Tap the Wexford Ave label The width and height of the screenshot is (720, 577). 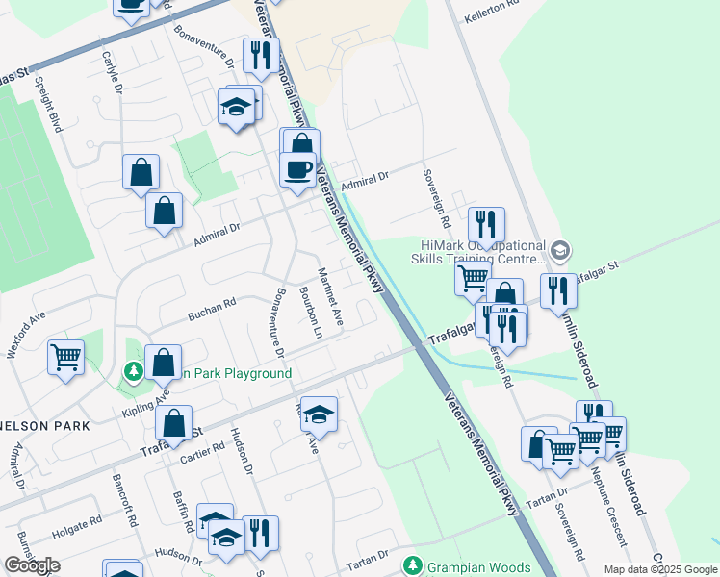tap(26, 333)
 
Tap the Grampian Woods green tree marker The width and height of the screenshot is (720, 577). tap(413, 564)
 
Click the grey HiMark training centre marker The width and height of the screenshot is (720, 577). tap(561, 252)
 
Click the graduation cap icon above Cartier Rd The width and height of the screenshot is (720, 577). tap(320, 413)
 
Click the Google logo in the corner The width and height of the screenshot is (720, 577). tap(32, 565)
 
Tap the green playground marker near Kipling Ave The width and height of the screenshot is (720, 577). tap(134, 371)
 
